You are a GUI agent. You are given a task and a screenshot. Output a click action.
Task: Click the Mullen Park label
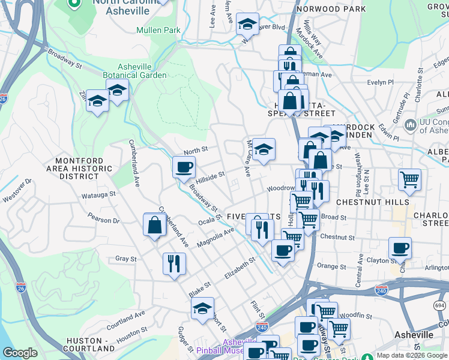pyautogui.click(x=158, y=30)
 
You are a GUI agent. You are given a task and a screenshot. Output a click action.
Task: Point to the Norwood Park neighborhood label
pyautogui.click(x=339, y=9)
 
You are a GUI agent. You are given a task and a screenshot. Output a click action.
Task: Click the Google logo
pyautogui.click(x=20, y=353)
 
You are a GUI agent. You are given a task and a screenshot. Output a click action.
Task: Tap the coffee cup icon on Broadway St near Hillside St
pyautogui.click(x=184, y=166)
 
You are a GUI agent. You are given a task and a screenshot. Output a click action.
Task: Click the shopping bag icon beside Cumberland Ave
pyautogui.click(x=154, y=224)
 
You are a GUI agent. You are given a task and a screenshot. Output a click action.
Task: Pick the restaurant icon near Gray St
pyautogui.click(x=174, y=263)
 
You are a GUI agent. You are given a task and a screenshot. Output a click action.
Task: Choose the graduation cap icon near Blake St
pyautogui.click(x=203, y=308)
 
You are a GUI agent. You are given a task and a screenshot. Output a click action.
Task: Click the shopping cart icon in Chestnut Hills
pyautogui.click(x=409, y=179)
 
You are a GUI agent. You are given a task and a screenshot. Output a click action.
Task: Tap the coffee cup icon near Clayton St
pyautogui.click(x=400, y=247)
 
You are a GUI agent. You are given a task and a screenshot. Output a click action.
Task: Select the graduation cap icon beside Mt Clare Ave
pyautogui.click(x=264, y=149)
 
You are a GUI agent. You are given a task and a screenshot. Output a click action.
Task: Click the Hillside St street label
pyautogui.click(x=209, y=177)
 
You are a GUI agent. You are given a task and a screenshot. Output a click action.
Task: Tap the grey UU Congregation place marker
pyautogui.click(x=411, y=125)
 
